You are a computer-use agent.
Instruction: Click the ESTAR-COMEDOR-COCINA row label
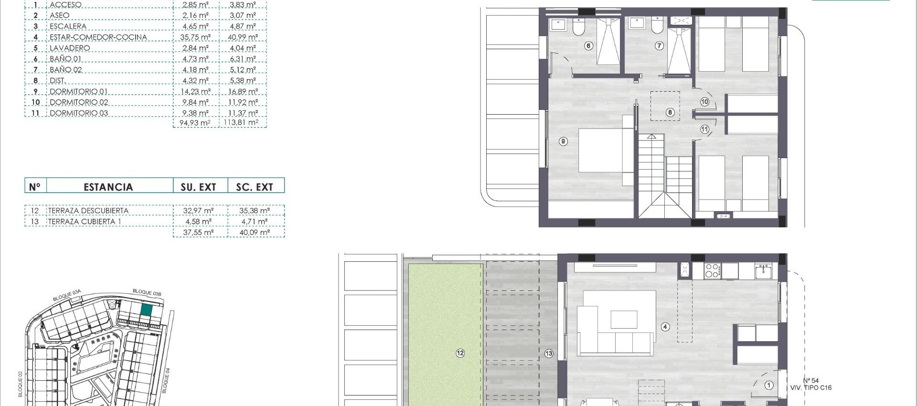(98, 37)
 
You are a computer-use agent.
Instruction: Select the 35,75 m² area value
(195, 37)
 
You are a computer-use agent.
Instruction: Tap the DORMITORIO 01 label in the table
(78, 92)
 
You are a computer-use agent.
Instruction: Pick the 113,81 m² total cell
(241, 123)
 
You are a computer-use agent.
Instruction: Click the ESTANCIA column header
(108, 187)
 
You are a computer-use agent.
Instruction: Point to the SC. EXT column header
(255, 187)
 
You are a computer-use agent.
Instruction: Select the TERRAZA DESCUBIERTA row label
(88, 211)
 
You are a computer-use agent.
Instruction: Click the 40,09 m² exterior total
(255, 233)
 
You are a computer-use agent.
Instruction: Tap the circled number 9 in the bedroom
(564, 141)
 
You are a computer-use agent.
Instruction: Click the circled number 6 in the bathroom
(588, 46)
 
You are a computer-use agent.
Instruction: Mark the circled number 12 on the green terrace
(460, 353)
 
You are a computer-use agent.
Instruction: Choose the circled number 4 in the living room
(665, 327)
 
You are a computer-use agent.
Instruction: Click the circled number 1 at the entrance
(769, 385)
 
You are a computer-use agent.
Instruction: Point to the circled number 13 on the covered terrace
(549, 353)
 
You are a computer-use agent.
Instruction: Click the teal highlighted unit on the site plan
(146, 310)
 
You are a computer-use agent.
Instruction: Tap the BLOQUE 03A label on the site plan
(67, 295)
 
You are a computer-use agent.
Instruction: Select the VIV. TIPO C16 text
(810, 388)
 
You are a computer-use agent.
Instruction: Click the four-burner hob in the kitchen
(712, 271)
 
